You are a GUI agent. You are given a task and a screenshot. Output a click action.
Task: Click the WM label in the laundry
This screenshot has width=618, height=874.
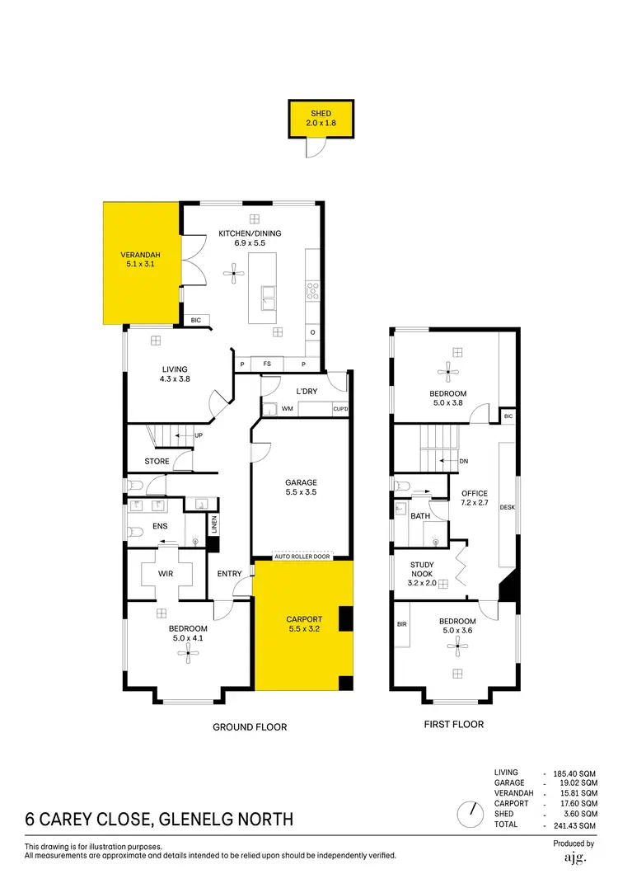[x=288, y=408]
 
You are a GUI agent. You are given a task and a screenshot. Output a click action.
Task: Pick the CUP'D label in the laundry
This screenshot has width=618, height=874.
[x=340, y=408]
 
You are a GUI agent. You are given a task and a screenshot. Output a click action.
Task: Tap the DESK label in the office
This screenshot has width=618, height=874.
[x=507, y=507]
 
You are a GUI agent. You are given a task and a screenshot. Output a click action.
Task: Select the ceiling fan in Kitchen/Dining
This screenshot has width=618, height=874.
[x=235, y=275]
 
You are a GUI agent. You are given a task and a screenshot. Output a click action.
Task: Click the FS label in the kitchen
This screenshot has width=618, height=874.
[x=267, y=364]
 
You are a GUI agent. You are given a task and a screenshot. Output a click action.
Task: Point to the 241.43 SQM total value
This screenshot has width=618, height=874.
[x=576, y=825]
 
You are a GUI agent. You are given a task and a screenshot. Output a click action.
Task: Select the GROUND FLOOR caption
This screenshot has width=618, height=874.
[x=250, y=727]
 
